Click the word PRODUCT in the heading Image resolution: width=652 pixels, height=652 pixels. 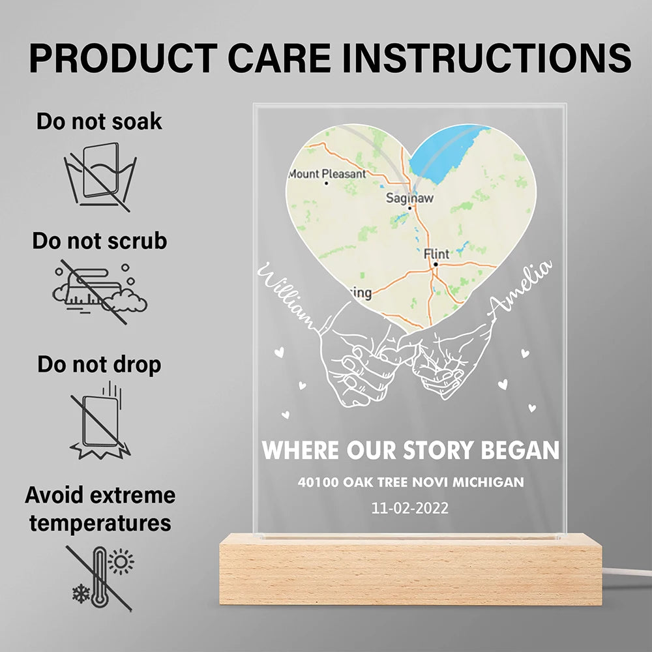click(x=123, y=58)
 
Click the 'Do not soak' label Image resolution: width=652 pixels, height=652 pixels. click(x=99, y=121)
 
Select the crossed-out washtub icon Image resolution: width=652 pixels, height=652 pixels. click(x=100, y=176)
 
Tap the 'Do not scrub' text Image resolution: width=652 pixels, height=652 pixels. click(x=100, y=241)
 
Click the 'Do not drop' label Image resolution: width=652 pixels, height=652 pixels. click(x=99, y=364)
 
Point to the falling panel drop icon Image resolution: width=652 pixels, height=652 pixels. click(x=100, y=421)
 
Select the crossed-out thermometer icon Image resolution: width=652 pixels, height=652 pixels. click(x=100, y=578)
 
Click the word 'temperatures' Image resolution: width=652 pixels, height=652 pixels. click(x=100, y=523)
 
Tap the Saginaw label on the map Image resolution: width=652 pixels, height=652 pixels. click(x=409, y=198)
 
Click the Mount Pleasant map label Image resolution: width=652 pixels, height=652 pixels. click(x=327, y=174)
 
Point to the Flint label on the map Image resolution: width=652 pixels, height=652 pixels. click(x=436, y=254)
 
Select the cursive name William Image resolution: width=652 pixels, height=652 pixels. click(x=287, y=295)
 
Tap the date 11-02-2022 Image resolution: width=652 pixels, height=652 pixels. click(x=410, y=508)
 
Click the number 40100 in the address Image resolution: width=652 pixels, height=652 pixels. click(x=318, y=482)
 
